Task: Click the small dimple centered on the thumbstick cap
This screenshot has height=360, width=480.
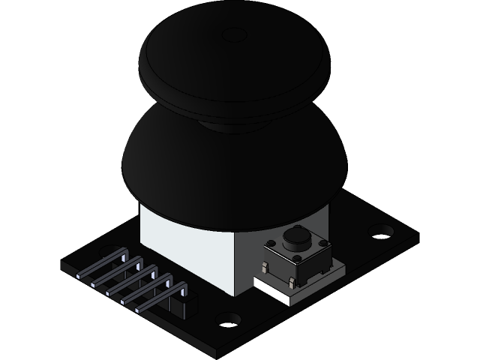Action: coord(235,34)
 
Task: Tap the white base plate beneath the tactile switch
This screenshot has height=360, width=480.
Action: coord(277,293)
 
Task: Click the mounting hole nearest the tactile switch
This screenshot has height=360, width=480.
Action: coord(382,231)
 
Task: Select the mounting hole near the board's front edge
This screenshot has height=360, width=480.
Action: coord(227,319)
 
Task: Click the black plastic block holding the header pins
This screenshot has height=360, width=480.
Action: coord(183,304)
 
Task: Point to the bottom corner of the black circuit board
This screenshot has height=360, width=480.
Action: coord(217,352)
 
